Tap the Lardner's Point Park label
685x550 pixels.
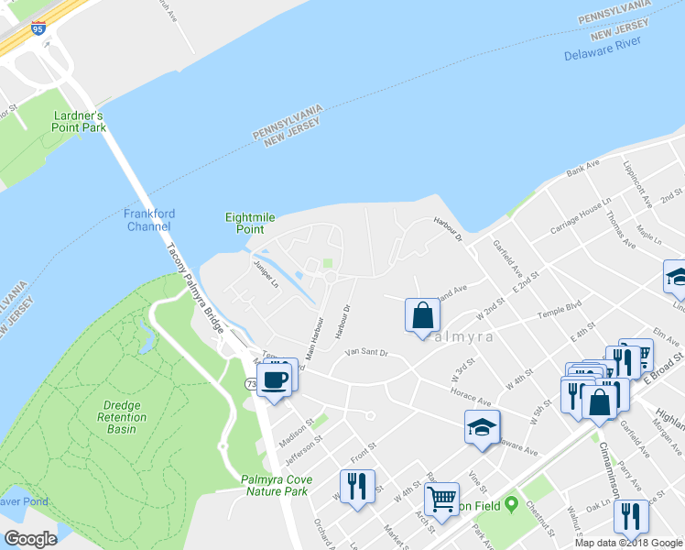point(80,122)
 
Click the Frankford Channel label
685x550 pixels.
point(147,220)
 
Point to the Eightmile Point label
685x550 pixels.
point(250,223)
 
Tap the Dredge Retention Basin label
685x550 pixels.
point(114,417)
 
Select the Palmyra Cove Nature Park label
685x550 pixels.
point(277,485)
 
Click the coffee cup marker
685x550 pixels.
point(274,378)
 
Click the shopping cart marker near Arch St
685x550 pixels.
point(441,500)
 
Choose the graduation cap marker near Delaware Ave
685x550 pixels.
point(482,426)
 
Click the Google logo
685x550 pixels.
point(29,539)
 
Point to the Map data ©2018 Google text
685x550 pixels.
point(628,543)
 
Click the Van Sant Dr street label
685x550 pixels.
point(366,352)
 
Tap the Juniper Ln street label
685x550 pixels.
point(266,271)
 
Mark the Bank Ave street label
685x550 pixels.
point(582,167)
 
